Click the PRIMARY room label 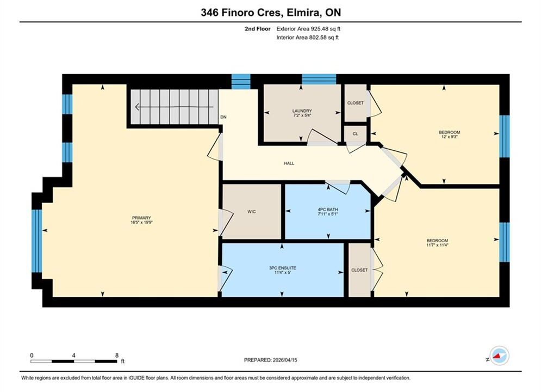[x=141, y=218]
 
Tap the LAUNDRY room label [x=302, y=111]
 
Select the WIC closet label [x=252, y=212]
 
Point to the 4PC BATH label [x=328, y=210]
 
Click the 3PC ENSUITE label [x=283, y=268]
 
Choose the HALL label [x=289, y=163]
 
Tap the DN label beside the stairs [x=223, y=117]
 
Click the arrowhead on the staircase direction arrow [x=137, y=107]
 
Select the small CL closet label [x=356, y=133]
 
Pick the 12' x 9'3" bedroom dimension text [x=449, y=137]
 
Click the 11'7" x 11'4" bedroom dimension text [x=437, y=245]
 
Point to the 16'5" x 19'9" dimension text [x=141, y=223]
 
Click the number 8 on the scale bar [x=117, y=355]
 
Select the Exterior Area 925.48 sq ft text [x=308, y=29]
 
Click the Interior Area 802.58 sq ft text [x=307, y=38]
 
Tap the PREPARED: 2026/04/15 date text [x=271, y=360]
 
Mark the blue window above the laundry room [x=319, y=79]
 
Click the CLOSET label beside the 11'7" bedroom [x=359, y=270]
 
